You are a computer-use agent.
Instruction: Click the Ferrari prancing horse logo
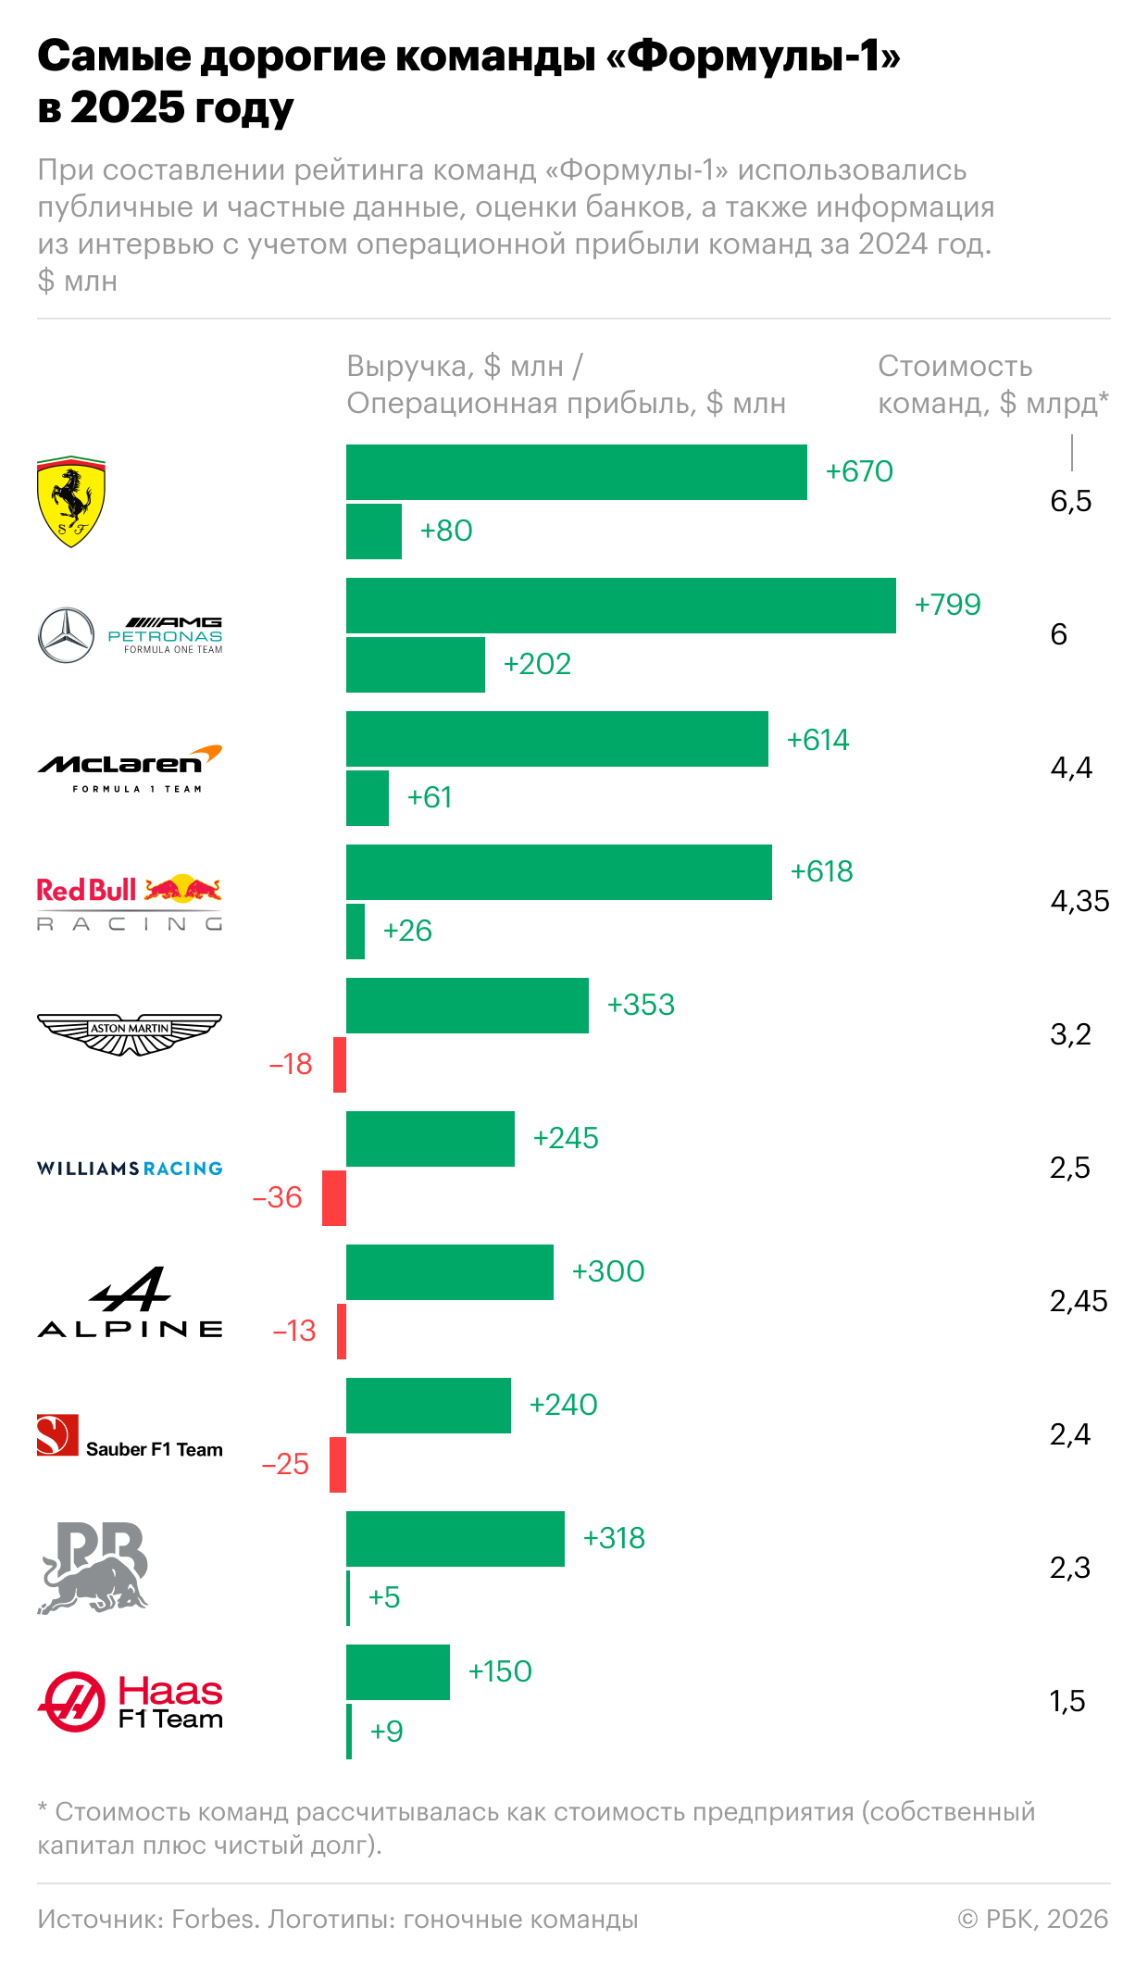click(71, 501)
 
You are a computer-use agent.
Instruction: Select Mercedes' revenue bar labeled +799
click(620, 606)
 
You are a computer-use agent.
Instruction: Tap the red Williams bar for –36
click(334, 1198)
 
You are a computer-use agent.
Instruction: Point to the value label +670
click(859, 471)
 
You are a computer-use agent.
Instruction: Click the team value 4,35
click(1079, 901)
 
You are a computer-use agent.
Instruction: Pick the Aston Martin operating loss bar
click(340, 1065)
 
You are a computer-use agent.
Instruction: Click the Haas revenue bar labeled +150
click(398, 1672)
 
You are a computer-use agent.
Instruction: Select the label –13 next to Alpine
click(294, 1331)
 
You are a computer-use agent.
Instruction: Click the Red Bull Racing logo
click(130, 902)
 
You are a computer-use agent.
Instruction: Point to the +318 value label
click(614, 1538)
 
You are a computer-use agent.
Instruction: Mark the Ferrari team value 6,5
click(1071, 501)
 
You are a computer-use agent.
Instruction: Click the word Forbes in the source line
click(214, 1920)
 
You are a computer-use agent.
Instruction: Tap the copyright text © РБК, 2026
click(1033, 1920)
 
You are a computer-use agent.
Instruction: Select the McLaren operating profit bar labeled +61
click(368, 798)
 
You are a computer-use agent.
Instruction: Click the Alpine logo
click(130, 1302)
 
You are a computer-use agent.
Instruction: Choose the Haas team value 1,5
click(1067, 1701)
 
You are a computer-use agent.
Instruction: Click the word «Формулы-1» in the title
click(753, 56)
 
